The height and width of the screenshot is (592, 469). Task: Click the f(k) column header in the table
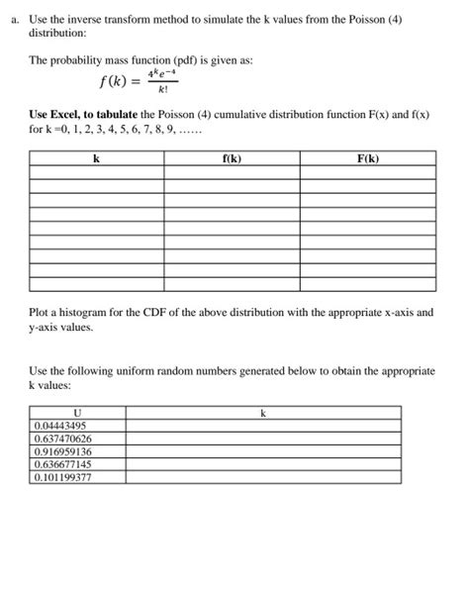[233, 157]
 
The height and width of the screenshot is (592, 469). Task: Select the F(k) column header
[367, 157]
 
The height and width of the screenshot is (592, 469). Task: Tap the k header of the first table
[95, 157]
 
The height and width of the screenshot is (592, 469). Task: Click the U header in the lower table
[78, 413]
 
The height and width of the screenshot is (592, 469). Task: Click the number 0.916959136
[65, 451]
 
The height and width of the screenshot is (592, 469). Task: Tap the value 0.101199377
[65, 476]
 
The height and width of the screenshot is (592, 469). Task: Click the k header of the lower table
[262, 413]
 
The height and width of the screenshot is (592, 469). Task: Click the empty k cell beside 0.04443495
[262, 426]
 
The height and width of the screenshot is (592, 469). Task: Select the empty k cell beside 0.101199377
[262, 476]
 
